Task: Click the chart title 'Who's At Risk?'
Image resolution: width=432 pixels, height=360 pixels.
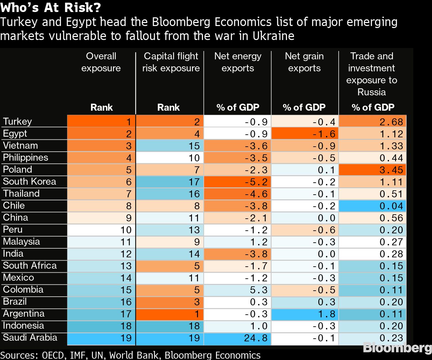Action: [51, 7]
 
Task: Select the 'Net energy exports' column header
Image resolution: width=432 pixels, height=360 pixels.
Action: [238, 62]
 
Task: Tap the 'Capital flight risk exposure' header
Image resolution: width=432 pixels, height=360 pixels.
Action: [171, 62]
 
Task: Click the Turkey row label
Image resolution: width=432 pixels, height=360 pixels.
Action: [17, 121]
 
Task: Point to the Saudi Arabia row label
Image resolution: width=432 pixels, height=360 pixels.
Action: [30, 337]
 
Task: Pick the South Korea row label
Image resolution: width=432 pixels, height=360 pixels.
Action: [29, 181]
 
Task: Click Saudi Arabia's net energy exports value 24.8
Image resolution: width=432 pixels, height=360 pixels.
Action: [237, 338]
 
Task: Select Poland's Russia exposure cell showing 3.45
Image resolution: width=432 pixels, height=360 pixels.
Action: [372, 170]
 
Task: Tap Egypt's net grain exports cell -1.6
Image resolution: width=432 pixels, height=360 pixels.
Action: [305, 134]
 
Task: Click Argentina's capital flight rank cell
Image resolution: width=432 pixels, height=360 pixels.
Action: [170, 314]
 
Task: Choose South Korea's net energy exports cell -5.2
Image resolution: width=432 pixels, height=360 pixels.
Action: [237, 182]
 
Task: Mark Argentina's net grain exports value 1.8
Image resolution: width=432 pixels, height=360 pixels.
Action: [305, 314]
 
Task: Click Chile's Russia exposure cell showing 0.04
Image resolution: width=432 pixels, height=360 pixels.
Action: [372, 206]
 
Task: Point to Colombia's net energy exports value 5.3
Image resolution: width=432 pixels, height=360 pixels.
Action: [237, 290]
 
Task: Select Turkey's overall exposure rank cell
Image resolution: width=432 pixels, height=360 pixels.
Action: [101, 122]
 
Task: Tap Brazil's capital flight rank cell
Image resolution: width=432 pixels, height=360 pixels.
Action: [170, 302]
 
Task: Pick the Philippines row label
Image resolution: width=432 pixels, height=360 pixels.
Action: [25, 157]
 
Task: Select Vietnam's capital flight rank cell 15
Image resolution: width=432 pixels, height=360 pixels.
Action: [170, 146]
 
